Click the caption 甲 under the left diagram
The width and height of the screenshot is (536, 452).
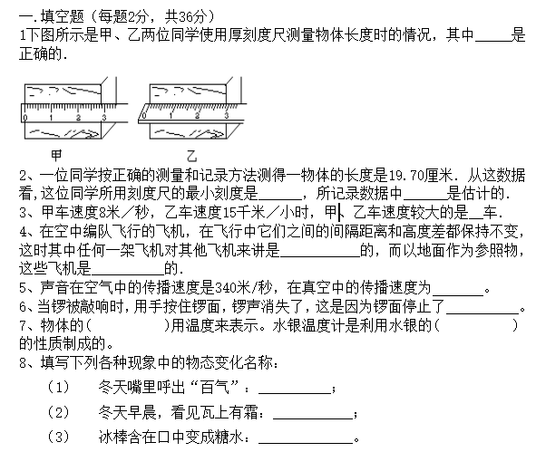tap(56, 155)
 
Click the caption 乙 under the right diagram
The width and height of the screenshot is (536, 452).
tap(191, 156)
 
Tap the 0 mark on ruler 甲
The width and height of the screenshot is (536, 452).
tap(25, 118)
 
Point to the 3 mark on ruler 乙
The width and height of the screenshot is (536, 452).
tap(227, 115)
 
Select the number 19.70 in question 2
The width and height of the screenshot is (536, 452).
tap(405, 176)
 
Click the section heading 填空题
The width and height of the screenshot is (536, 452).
tap(63, 16)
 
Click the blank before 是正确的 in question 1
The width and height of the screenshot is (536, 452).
tap(492, 40)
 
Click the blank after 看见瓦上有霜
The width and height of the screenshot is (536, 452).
tap(312, 418)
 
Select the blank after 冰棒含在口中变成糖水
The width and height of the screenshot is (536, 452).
tap(306, 443)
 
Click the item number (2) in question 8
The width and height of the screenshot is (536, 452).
tap(58, 412)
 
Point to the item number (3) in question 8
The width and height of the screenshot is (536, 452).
tap(58, 437)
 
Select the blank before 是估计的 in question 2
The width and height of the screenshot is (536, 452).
tap(425, 199)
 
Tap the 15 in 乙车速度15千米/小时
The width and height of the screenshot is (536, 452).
tap(229, 213)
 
